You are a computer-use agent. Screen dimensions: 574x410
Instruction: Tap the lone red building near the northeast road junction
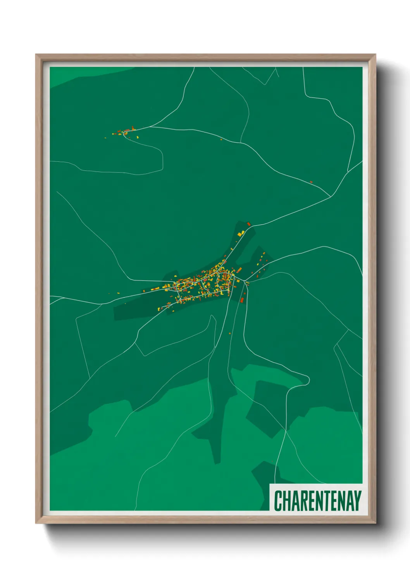pos(311,182)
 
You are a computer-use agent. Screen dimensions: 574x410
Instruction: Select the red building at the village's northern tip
pos(249,224)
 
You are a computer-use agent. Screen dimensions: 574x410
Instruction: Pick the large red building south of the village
pos(242,299)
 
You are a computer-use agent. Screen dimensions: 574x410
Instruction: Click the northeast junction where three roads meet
pos(330,197)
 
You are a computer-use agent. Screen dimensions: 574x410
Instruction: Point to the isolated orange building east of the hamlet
pos(221,139)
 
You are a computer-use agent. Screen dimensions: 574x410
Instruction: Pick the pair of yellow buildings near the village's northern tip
pos(241,233)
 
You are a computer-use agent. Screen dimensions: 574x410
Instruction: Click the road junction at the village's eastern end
pos(246,282)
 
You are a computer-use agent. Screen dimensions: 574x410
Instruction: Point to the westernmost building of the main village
pos(144,290)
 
